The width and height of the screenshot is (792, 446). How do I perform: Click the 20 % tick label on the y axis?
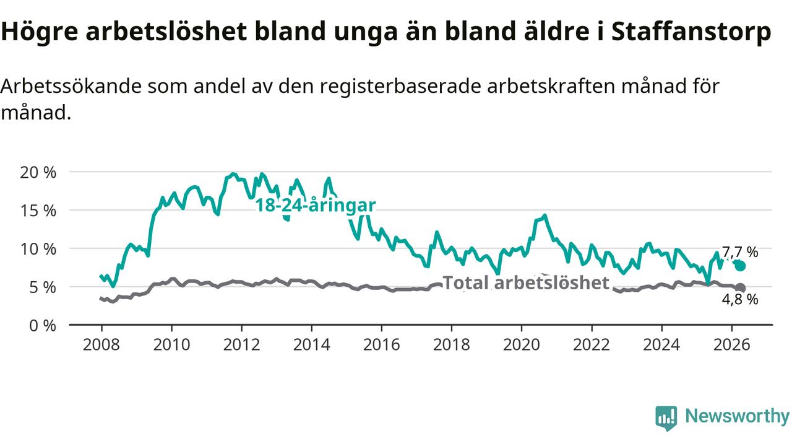(x=38, y=173)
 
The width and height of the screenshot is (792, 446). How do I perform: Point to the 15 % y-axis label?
(x=38, y=211)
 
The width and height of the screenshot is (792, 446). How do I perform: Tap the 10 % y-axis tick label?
(x=38, y=250)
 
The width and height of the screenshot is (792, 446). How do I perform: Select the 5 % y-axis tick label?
(x=43, y=288)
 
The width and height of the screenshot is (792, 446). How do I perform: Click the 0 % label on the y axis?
(x=43, y=326)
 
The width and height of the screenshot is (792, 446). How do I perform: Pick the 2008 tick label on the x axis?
(x=101, y=345)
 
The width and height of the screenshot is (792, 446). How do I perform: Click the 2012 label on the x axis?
(x=241, y=345)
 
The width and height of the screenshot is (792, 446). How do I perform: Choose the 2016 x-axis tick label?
(x=382, y=345)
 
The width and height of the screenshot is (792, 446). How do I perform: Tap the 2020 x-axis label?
(x=522, y=345)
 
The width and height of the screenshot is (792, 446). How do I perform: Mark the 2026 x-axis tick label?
(x=731, y=345)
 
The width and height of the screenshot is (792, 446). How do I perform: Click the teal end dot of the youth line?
(x=740, y=266)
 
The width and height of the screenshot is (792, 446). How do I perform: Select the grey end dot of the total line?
(x=740, y=288)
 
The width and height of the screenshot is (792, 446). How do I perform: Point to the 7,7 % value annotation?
(x=739, y=252)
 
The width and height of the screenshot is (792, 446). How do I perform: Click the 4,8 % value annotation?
(x=739, y=300)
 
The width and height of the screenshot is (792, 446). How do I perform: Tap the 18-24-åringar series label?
(x=316, y=205)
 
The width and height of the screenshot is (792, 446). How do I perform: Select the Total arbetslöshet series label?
(x=526, y=283)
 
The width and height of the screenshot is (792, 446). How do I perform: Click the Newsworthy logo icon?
(x=666, y=418)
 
